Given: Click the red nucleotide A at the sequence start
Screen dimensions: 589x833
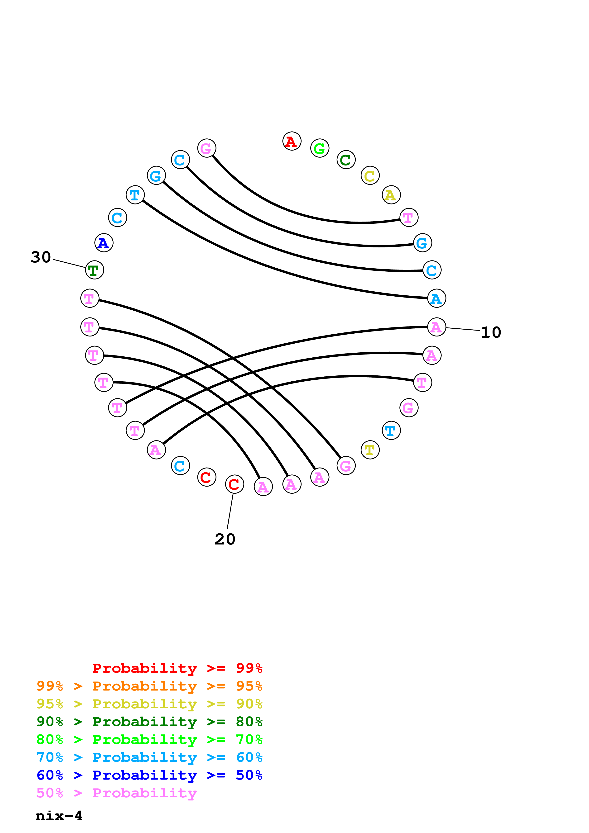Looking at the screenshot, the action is [x=292, y=141].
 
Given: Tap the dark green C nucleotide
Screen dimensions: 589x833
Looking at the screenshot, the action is [x=345, y=160].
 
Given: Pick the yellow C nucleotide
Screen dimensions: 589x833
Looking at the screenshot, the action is [x=370, y=175].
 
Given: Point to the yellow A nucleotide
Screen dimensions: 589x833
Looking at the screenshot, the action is [x=391, y=195].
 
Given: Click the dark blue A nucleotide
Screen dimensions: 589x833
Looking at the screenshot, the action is [x=104, y=243].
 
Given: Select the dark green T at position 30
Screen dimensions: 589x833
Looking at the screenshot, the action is [x=94, y=270].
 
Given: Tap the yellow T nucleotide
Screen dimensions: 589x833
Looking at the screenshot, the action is [x=370, y=450].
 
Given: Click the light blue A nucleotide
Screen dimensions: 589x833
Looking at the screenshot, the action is [x=436, y=298].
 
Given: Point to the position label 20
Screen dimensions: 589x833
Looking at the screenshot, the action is [x=225, y=539].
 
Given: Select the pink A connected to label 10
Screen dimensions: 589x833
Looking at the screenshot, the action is [x=436, y=327].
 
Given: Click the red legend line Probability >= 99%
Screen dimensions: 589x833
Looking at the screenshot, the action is [x=177, y=668].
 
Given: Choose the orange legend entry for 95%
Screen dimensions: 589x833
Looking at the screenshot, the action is [x=149, y=686].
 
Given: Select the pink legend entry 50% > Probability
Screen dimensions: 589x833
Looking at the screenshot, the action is [x=116, y=793].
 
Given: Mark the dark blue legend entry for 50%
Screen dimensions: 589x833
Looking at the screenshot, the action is [x=149, y=775].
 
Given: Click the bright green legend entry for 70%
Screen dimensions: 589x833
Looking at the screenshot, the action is [x=149, y=739].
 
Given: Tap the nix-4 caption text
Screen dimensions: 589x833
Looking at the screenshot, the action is [x=59, y=816].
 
